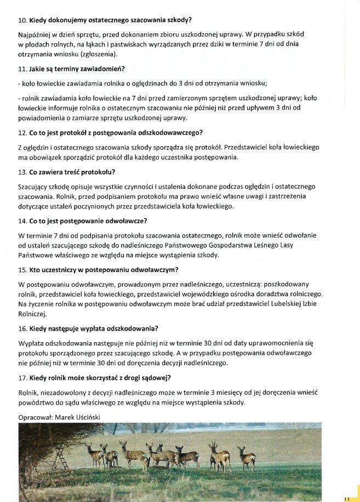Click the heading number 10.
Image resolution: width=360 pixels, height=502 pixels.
coord(22,20)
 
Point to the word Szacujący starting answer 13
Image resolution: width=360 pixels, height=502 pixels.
coord(34,187)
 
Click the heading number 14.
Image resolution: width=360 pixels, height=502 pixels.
coord(22,221)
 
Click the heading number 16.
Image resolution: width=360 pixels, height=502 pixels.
coord(22,328)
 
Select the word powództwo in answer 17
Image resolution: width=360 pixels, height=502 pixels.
coord(35,402)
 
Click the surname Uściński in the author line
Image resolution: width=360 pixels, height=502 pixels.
coord(86,417)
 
